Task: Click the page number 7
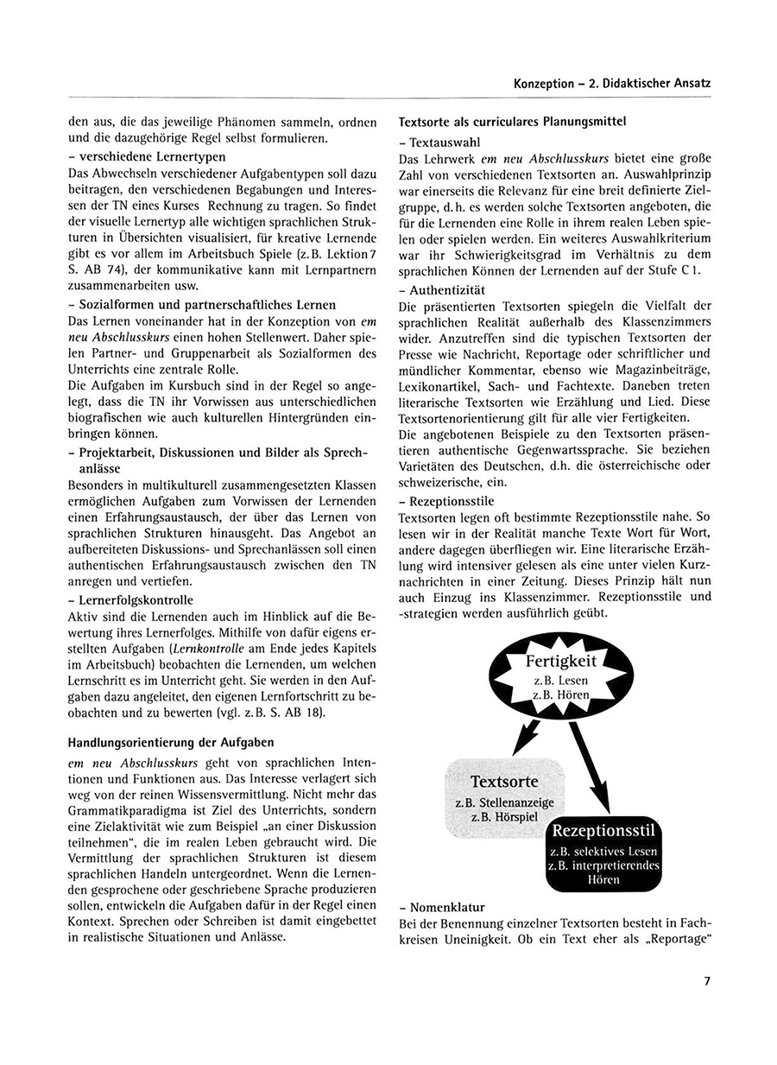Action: point(706,980)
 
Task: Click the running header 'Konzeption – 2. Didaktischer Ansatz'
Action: point(611,84)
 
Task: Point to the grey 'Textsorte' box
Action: point(506,794)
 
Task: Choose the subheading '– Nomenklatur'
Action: point(443,907)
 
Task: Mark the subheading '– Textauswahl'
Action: point(441,142)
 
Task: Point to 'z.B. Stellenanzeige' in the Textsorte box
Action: point(505,803)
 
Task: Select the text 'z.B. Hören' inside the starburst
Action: point(561,694)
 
